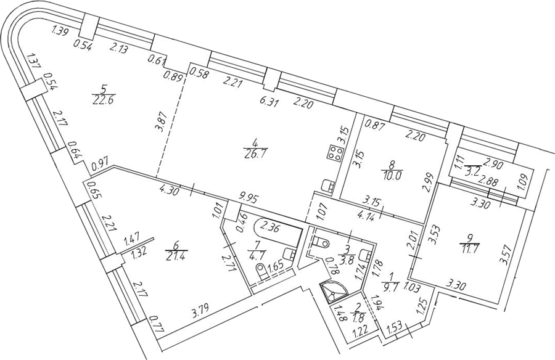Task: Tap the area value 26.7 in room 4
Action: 255,154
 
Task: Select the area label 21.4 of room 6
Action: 176,254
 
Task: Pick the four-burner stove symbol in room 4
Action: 334,153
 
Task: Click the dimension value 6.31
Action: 269,103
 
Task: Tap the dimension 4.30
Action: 171,192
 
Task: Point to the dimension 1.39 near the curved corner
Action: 60,31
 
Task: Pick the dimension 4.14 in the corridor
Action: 367,215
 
